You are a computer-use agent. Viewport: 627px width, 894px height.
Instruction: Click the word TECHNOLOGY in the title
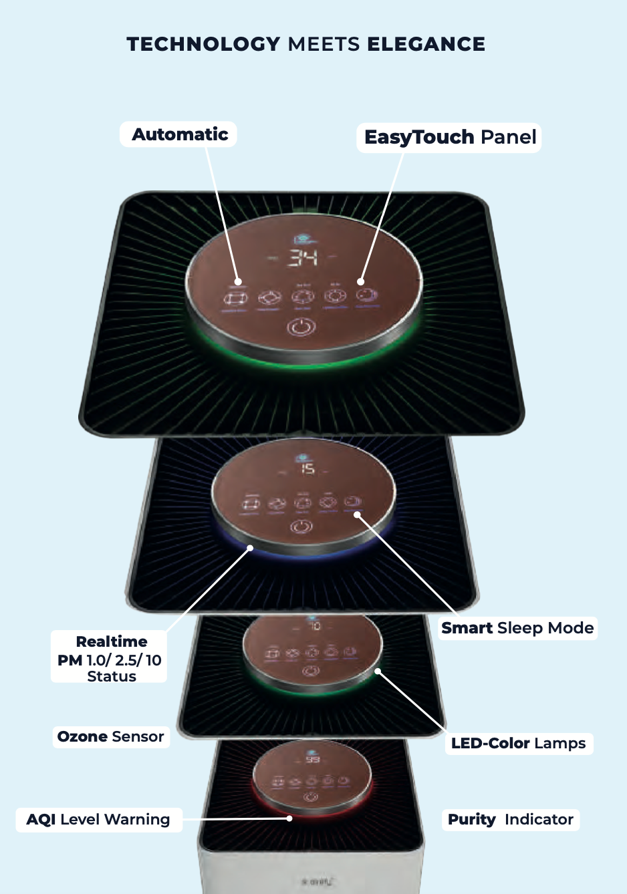[203, 44]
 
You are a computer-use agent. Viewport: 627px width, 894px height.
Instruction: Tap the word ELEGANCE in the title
[426, 44]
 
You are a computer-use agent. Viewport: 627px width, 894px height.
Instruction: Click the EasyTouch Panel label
[450, 138]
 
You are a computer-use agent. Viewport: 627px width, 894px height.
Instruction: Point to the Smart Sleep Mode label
[517, 628]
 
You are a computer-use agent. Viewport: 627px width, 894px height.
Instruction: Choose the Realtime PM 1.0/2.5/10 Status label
[111, 659]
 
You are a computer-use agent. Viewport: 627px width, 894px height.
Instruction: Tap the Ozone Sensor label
[111, 737]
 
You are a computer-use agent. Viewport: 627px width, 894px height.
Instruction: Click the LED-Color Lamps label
[518, 744]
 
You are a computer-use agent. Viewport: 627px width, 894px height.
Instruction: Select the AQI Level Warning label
[98, 820]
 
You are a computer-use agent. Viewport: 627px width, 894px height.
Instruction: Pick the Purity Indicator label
[511, 820]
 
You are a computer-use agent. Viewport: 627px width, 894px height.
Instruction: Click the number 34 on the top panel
[303, 258]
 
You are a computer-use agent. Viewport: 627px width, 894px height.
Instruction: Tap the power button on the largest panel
[301, 327]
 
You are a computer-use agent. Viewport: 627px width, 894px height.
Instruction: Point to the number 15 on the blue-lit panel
[307, 469]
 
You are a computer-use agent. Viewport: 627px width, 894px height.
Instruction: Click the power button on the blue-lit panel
[301, 527]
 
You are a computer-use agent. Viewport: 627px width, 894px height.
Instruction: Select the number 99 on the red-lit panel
[313, 760]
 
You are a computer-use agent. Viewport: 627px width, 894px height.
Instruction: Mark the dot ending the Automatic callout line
[239, 282]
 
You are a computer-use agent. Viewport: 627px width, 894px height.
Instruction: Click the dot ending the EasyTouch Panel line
[361, 281]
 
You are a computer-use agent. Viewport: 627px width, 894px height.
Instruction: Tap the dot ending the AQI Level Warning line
[289, 818]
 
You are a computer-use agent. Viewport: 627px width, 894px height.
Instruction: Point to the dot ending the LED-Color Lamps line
[378, 672]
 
